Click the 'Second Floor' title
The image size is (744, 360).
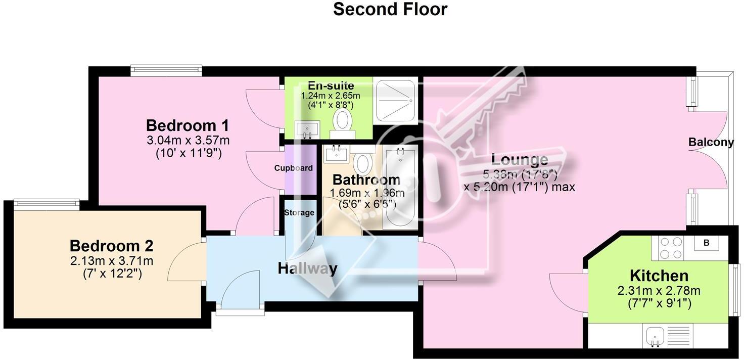[x=390, y=9]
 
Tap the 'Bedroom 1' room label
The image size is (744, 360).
[x=188, y=125]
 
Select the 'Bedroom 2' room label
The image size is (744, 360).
[x=111, y=246]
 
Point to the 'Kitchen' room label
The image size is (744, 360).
[x=659, y=276]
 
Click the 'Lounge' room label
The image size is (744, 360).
[x=520, y=160]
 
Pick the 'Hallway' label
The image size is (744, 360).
[x=307, y=268]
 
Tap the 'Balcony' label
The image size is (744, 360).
[x=711, y=143]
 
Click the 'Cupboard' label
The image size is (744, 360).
[x=293, y=168]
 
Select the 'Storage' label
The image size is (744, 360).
[x=299, y=213]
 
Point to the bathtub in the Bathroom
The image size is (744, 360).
[x=400, y=187]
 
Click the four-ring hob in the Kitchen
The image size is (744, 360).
[x=671, y=248]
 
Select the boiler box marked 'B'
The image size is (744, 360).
[x=707, y=243]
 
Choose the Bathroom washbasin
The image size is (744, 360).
[x=337, y=153]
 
